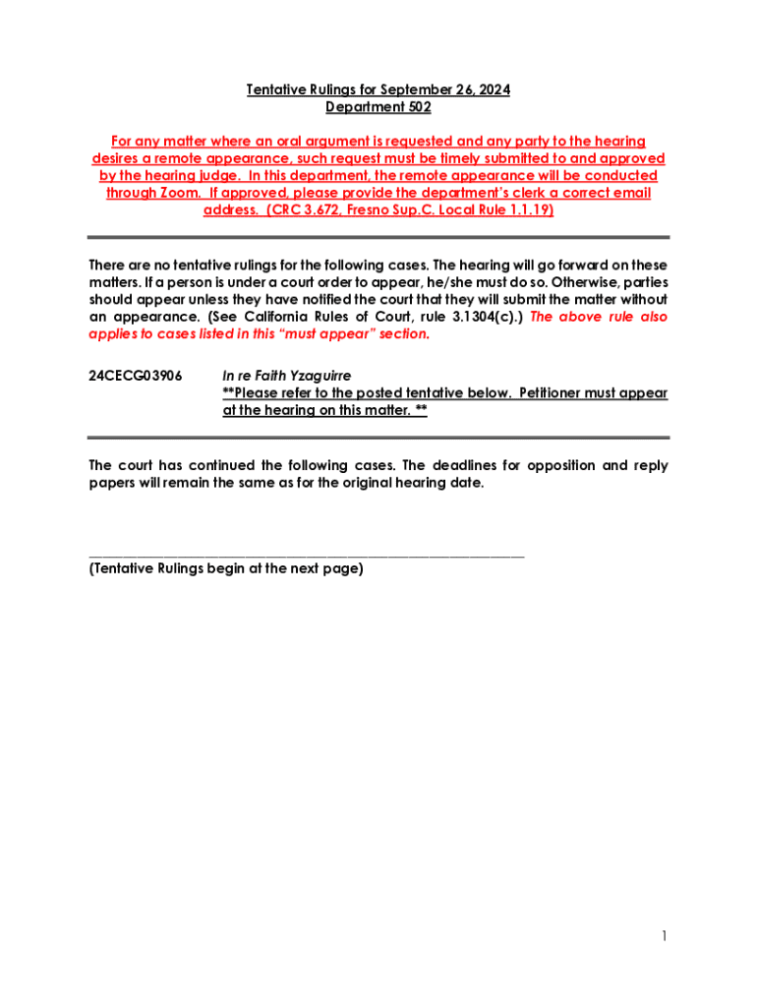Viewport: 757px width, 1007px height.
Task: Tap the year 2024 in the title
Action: [x=492, y=90]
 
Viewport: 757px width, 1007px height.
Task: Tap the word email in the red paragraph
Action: [x=630, y=193]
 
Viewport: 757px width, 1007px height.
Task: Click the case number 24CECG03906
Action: [x=135, y=376]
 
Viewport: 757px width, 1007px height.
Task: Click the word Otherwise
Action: [x=558, y=282]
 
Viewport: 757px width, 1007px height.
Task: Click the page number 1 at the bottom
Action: [x=664, y=936]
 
